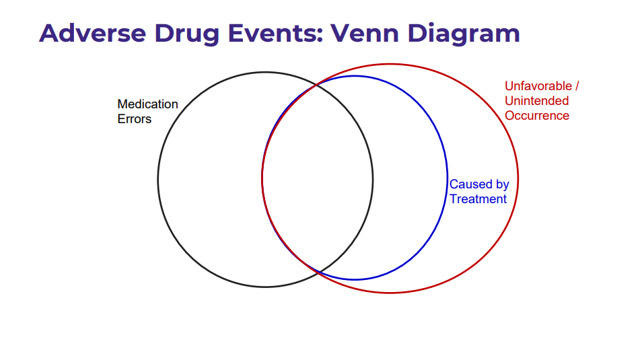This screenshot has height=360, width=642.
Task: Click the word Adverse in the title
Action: coord(93,33)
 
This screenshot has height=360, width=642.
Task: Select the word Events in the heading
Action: coord(275,33)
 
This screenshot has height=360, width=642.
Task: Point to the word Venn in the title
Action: coord(364,33)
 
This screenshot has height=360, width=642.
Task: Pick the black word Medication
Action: coord(148,104)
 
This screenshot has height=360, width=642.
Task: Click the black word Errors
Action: coord(135,119)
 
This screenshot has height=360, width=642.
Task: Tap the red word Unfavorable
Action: coord(538,86)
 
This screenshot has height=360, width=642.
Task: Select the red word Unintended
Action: coord(537,101)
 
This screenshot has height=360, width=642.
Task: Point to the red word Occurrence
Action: coord(537,116)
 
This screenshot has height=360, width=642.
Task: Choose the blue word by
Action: coord(503,185)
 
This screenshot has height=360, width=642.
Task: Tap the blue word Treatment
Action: coord(478,199)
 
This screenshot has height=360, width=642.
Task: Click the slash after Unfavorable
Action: coord(577,86)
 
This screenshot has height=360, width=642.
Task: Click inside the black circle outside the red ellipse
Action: coord(209,180)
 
